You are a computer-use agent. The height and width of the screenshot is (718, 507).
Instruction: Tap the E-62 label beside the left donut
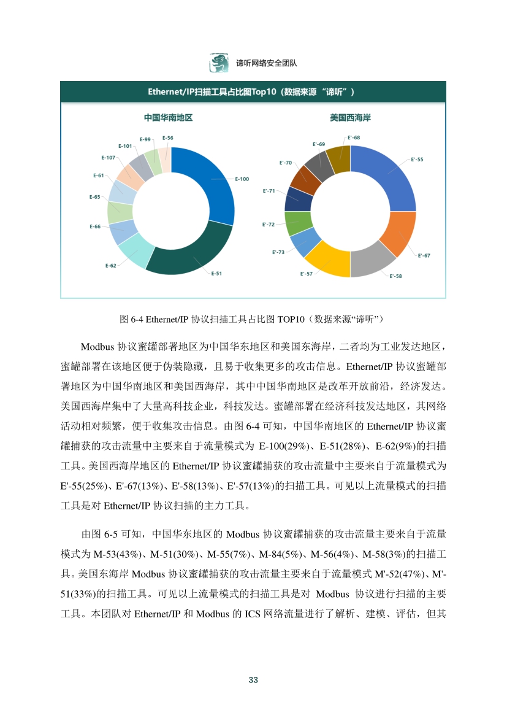click(110, 266)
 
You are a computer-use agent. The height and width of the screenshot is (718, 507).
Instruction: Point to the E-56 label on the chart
click(167, 138)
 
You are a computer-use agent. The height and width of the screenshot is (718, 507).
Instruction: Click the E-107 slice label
click(108, 158)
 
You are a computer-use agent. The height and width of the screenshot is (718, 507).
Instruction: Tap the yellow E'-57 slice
click(329, 261)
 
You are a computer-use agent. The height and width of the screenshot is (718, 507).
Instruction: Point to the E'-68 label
click(353, 137)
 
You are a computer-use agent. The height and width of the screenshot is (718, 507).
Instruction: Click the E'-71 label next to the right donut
click(269, 191)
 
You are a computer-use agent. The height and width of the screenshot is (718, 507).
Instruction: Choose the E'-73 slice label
click(278, 252)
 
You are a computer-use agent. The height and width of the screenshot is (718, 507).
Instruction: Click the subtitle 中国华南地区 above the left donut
click(164, 117)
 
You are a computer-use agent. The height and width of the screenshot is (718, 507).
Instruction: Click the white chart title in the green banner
click(252, 92)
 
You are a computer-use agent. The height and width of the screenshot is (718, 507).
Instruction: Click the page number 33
click(253, 679)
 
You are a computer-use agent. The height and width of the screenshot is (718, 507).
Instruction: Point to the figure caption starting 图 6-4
click(252, 318)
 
